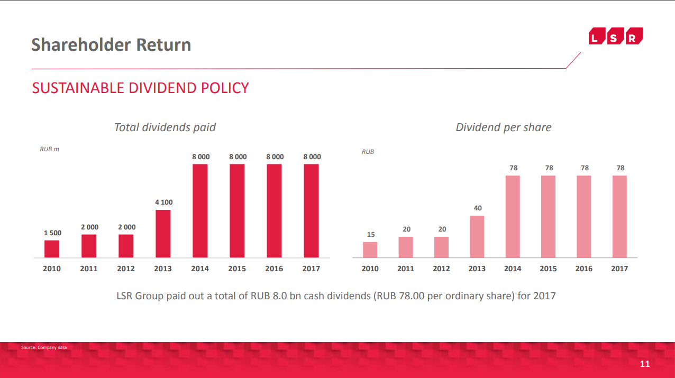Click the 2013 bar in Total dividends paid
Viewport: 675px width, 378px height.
(163, 234)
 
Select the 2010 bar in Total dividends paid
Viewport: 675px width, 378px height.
(52, 249)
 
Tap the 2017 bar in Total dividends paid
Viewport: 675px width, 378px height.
(311, 211)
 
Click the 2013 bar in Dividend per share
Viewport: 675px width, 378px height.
(477, 237)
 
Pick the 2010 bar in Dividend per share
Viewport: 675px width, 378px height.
(370, 250)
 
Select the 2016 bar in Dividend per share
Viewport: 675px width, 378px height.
(584, 217)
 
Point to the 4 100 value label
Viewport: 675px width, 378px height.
(164, 202)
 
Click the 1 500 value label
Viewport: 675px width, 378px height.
(53, 233)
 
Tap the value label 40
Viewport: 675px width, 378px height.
(478, 208)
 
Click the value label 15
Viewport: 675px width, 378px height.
(371, 234)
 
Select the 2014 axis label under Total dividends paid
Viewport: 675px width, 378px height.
(200, 269)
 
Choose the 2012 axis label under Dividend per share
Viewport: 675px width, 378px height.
(441, 269)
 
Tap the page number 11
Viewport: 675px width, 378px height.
(644, 364)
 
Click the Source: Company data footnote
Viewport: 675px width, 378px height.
(44, 347)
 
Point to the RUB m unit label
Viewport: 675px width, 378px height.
(49, 149)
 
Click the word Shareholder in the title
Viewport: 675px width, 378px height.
(81, 45)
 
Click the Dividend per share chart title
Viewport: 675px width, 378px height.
(503, 127)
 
